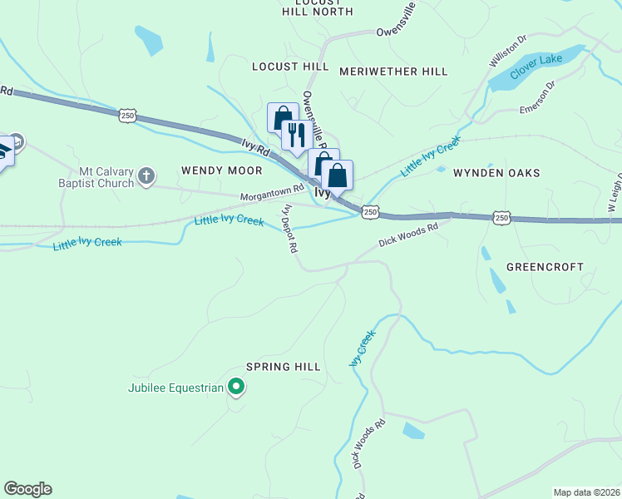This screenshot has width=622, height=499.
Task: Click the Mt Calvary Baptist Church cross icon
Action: (146, 175)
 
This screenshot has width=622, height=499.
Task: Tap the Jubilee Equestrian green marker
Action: (236, 387)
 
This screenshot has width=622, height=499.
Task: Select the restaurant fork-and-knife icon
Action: (294, 134)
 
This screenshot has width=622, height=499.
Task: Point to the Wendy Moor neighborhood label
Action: (221, 170)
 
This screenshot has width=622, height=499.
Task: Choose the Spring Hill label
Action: (284, 367)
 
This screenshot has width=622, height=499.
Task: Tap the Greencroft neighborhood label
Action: (545, 267)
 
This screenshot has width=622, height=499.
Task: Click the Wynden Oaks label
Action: (496, 173)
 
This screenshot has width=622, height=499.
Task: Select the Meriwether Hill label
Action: (393, 72)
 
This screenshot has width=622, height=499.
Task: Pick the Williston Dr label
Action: (508, 51)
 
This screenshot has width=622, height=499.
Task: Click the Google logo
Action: (27, 489)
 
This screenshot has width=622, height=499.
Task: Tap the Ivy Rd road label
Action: (256, 149)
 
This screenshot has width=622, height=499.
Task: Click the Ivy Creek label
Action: (363, 348)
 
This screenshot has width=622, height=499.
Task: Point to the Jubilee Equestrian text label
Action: (176, 388)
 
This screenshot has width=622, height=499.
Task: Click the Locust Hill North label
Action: (317, 7)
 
